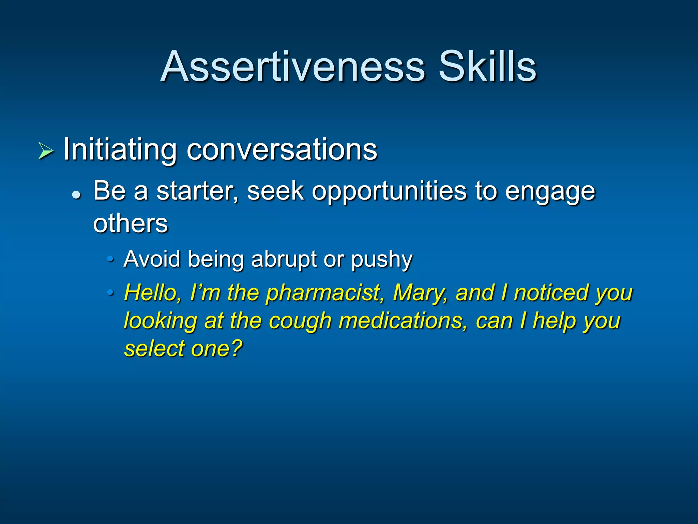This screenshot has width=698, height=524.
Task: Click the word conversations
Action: [x=282, y=150]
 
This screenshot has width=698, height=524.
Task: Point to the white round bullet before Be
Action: [x=77, y=195]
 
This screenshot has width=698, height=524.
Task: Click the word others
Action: [x=131, y=224]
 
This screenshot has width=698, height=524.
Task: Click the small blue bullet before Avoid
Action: [x=110, y=259]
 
